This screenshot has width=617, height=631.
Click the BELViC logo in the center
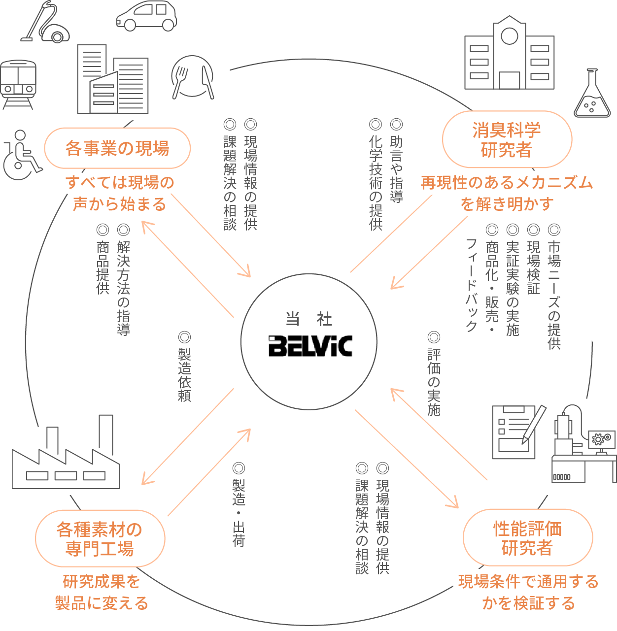coord(310,346)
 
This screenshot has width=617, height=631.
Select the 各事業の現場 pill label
coord(117,148)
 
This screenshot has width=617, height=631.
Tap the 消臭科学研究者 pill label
coord(507,139)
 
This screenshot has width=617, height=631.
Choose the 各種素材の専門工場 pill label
coord(100,538)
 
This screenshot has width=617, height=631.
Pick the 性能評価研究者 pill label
coord(527,537)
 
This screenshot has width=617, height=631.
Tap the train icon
coord(18,84)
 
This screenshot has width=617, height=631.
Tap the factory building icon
coord(66,458)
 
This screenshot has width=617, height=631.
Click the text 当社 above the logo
coord(309,319)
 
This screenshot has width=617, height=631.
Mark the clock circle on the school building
coord(509,36)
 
